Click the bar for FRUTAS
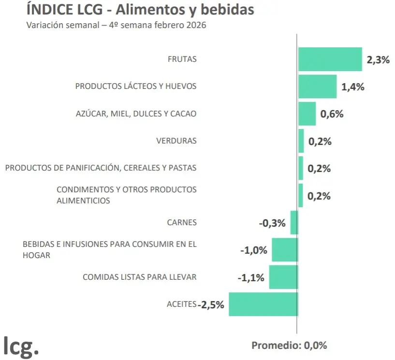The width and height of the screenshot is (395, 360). coord(330,59)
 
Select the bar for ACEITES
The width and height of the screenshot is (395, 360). coord(263,304)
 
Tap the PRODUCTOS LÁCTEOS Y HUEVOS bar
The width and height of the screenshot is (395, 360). coord(317,87)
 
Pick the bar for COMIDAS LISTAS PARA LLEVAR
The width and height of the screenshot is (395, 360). coord(283,277)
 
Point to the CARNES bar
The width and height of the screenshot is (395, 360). coord(294,223)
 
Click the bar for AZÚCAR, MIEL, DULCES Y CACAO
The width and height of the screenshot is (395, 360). coord(307,114)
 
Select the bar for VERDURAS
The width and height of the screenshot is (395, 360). coord(301,141)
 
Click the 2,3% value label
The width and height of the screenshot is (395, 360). coord(378,60)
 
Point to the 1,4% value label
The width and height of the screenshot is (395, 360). coord(352,87)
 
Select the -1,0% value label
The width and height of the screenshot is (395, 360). coord(253,250)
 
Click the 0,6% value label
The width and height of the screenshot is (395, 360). coord(332,115)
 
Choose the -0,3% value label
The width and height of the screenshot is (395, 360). coord(272,223)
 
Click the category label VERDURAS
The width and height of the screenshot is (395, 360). coord(176,141)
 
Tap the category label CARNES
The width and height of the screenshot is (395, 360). coord(182,223)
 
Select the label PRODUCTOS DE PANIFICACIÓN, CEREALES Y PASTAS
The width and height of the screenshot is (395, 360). coord(101,168)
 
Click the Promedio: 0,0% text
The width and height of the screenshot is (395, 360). coord(289,346)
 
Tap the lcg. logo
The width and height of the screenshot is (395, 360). coord(21,346)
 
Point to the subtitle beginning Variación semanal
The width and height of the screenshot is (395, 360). coord(116,25)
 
